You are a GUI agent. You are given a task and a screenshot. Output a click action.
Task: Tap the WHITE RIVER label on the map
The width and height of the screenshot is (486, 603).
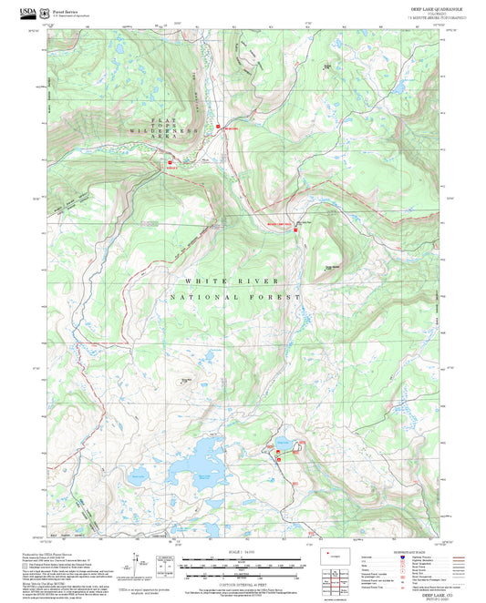[215, 281]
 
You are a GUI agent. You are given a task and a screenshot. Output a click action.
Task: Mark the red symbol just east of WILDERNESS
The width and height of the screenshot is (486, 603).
[218, 128]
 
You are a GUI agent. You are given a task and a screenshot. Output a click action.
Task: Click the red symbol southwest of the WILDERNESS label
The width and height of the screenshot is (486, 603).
[169, 166]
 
